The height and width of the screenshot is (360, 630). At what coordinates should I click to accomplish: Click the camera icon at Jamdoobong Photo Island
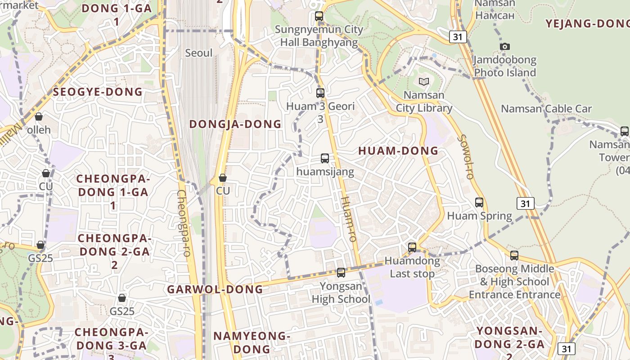[505, 46]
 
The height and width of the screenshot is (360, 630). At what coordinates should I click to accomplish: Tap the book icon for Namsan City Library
[424, 81]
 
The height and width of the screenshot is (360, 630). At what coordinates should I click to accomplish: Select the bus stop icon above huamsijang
[325, 158]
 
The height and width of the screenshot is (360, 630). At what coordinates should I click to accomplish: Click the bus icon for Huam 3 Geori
[320, 93]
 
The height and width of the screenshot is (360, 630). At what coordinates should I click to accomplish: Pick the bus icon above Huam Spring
[479, 202]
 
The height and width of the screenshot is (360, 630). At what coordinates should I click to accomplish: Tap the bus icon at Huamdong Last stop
[412, 247]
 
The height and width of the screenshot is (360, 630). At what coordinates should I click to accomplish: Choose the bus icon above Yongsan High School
[341, 272]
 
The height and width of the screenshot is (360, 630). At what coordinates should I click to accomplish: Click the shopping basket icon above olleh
[39, 117]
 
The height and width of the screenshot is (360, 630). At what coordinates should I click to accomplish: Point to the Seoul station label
[199, 53]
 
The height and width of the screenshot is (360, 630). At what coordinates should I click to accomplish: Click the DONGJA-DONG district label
[235, 124]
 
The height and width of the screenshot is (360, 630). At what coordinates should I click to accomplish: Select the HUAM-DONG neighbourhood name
[398, 151]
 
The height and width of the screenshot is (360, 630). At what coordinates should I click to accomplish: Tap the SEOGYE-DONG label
[98, 92]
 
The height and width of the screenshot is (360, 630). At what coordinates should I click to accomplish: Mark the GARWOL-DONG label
[215, 289]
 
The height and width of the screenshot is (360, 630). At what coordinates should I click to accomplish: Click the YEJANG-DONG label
[587, 24]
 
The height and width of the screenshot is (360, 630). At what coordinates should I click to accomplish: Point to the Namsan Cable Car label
[546, 108]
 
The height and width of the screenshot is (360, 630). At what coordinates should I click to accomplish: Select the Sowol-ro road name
[465, 157]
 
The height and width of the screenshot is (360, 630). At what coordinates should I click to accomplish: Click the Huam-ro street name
[349, 219]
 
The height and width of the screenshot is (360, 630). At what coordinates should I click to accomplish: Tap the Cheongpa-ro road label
[184, 223]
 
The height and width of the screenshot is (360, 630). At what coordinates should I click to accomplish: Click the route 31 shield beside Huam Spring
[525, 203]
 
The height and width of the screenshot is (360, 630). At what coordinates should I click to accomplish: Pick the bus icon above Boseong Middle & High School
[514, 256]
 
